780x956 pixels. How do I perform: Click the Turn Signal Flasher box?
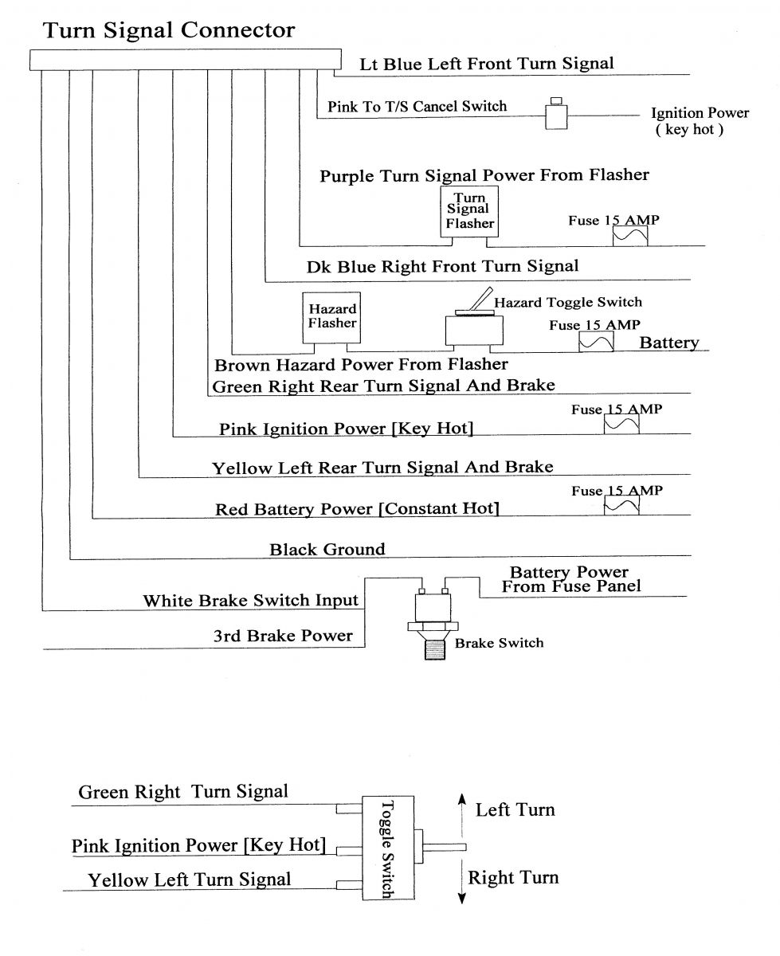(469, 211)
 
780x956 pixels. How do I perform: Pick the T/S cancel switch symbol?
(555, 116)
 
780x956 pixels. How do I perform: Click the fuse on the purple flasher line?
(629, 236)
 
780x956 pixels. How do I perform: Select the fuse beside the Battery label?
(596, 342)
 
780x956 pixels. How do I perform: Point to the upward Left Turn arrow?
(461, 812)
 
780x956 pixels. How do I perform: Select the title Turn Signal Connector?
(168, 31)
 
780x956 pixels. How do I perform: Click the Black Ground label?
(327, 549)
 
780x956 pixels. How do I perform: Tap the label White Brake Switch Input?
(251, 601)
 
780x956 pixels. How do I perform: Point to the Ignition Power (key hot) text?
(700, 120)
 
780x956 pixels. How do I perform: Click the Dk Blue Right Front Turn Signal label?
(443, 265)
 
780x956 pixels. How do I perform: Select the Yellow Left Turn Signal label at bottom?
(190, 880)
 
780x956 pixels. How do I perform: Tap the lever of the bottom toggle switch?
(447, 847)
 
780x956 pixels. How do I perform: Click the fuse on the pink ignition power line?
(621, 425)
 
